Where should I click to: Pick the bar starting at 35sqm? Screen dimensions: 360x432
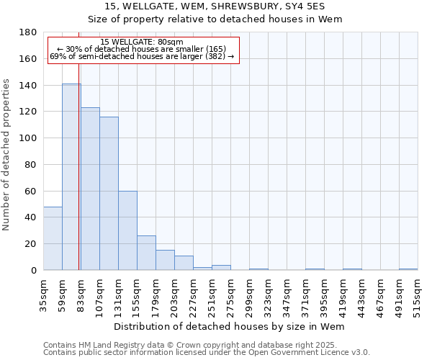pyautogui.click(x=53, y=238)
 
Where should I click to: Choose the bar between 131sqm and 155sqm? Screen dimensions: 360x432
pyautogui.click(x=127, y=230)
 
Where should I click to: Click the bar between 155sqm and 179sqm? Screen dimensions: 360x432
pyautogui.click(x=146, y=253)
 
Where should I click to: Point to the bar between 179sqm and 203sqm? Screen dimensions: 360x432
pyautogui.click(x=165, y=260)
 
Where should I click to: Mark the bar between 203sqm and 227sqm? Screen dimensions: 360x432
pyautogui.click(x=184, y=263)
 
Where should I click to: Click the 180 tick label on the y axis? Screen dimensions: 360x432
pyautogui.click(x=28, y=32)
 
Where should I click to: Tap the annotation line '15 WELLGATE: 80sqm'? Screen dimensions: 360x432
pyautogui.click(x=142, y=42)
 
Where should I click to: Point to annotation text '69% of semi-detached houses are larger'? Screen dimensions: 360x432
pyautogui.click(x=142, y=56)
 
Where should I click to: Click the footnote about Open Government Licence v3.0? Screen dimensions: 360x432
pyautogui.click(x=207, y=353)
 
